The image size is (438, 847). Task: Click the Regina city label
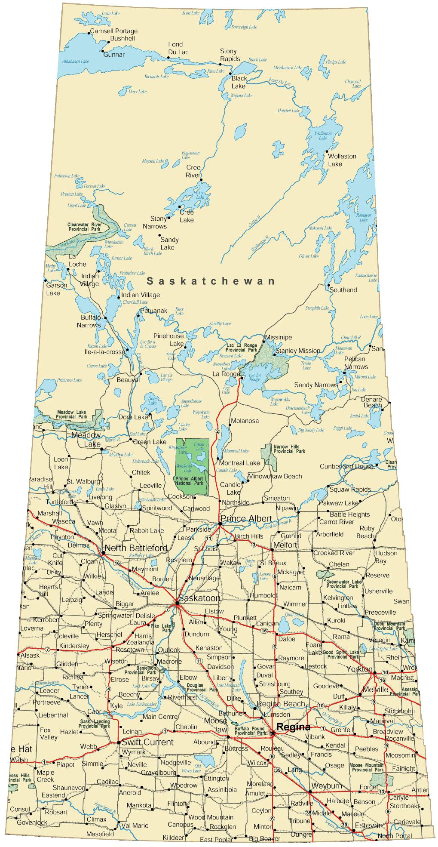tap(293, 727)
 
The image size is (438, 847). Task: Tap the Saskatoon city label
tap(199, 598)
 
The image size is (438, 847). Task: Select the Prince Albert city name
tap(246, 518)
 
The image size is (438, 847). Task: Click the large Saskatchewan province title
tap(211, 281)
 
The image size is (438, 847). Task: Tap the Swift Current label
tap(147, 742)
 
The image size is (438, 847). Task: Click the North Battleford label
tap(136, 548)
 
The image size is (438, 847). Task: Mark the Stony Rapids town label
tap(230, 55)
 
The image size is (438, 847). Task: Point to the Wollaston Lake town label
tap(342, 160)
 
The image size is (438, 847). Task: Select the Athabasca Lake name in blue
tap(75, 62)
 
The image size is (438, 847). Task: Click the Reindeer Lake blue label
tap(364, 217)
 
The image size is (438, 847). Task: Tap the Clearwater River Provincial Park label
tap(85, 227)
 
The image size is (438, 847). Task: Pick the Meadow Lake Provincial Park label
tap(71, 414)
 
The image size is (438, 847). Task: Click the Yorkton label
tap(359, 669)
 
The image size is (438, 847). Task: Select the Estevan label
tap(368, 825)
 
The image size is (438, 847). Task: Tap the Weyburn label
tap(327, 785)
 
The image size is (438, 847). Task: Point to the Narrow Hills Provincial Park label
tap(289, 449)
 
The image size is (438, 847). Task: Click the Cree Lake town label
tap(187, 216)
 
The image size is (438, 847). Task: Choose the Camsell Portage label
tap(114, 31)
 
